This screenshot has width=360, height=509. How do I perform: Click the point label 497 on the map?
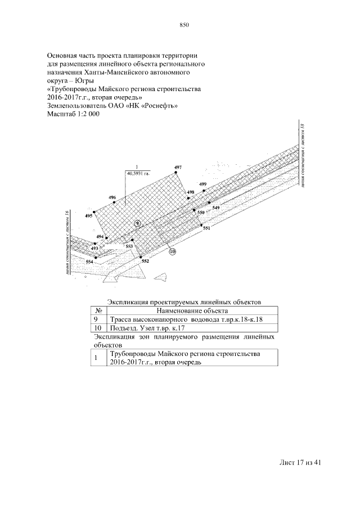tap(178, 168)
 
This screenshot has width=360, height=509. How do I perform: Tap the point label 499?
tap(203, 184)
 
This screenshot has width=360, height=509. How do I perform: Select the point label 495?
tap(88, 215)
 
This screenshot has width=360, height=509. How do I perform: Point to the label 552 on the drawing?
tap(145, 262)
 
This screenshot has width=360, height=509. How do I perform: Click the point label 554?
tap(89, 262)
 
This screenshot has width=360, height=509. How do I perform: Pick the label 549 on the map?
tap(216, 208)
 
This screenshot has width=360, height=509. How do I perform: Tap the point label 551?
tap(206, 228)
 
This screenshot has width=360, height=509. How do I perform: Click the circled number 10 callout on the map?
tap(173, 251)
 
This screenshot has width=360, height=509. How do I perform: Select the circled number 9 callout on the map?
tap(137, 223)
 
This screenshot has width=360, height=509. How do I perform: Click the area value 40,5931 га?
tap(138, 174)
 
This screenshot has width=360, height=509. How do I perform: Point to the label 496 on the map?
tap(112, 197)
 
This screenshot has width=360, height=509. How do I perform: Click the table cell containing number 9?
tap(96, 319)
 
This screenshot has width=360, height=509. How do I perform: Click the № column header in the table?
tap(98, 310)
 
